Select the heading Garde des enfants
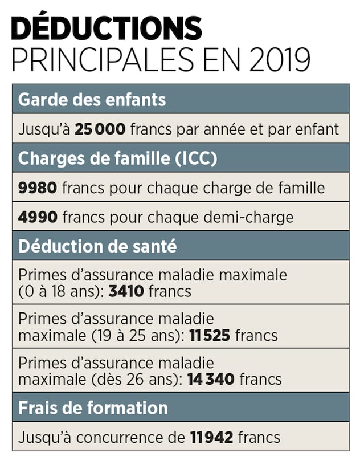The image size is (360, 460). coord(92,100)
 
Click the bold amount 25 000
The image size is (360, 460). coord(100,129)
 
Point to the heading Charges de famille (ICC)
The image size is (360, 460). coord(118,158)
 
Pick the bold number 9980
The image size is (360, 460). coord(38,188)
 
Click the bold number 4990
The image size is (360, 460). coord(38,217)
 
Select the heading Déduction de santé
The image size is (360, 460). coord(97,247)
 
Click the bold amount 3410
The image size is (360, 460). coord(124,291)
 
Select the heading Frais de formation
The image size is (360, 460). coord(93,408)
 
